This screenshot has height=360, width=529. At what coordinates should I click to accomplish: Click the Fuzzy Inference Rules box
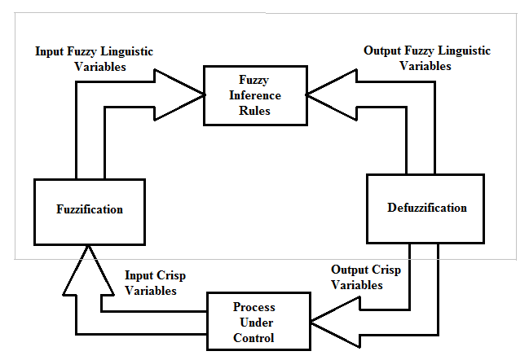tap(254, 96)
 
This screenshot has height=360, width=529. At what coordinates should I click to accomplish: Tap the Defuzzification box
tap(426, 208)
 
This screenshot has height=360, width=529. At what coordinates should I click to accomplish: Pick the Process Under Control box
tap(254, 323)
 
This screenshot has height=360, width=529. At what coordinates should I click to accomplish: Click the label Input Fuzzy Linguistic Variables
tap(94, 59)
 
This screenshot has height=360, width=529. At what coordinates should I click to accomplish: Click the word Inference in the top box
tap(254, 96)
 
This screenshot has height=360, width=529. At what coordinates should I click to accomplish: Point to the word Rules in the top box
tap(254, 111)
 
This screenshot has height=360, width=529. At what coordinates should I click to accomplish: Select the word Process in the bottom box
tap(254, 307)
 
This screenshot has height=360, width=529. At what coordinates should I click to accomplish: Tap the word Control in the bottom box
tap(254, 337)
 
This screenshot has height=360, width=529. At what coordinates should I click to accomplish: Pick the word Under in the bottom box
tap(254, 323)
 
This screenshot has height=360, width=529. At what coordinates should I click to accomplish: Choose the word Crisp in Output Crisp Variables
tap(386, 270)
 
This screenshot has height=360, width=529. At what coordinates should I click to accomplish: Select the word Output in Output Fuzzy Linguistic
tap(381, 50)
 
